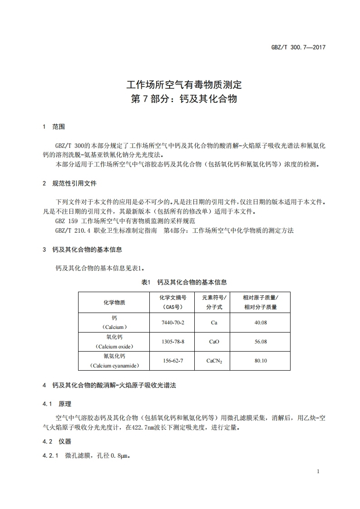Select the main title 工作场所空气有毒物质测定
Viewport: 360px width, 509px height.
click(184, 84)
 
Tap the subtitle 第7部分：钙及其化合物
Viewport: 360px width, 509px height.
click(184, 99)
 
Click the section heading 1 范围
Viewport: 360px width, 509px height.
click(54, 127)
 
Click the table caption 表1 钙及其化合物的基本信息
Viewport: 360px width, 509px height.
click(184, 282)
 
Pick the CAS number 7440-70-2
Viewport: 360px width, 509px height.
click(173, 323)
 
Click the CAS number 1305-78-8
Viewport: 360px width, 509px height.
click(173, 342)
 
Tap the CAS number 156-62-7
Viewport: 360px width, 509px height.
click(173, 361)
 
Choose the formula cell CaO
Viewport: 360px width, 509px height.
click(214, 342)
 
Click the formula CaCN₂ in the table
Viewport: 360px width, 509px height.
click(214, 361)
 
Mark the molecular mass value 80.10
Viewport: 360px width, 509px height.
click(261, 361)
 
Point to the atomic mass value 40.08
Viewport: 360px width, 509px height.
click(261, 323)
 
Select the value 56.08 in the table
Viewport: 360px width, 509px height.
click(261, 342)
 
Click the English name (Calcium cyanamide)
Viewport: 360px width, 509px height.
click(114, 365)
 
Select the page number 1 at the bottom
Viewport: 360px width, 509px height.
click(318, 471)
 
